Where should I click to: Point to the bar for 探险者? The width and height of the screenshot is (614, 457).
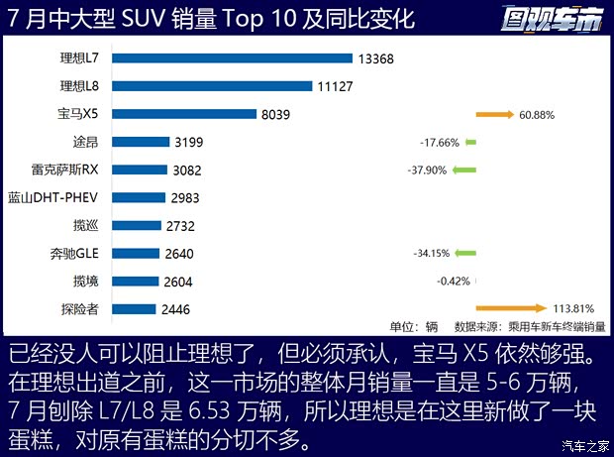[134, 308]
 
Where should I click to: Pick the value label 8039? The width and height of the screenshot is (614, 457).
[275, 114]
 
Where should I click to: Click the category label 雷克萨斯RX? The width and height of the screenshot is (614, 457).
[67, 170]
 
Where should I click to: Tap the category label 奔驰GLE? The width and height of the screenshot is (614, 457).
[75, 253]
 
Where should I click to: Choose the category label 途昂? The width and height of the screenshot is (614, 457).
[85, 142]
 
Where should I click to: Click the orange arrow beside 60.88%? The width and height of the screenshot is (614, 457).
[494, 115]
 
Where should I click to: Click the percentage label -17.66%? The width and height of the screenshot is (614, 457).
[440, 143]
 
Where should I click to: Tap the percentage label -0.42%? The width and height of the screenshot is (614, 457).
[453, 281]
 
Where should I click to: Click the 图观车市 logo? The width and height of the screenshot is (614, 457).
[552, 20]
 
